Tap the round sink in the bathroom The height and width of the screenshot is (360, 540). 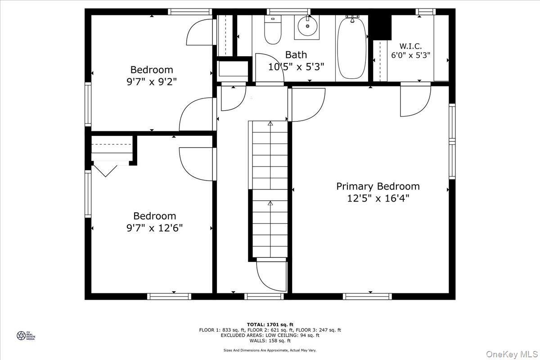coord(307,27)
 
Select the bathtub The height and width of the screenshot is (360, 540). coord(352,49)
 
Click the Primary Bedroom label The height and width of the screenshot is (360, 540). coord(378,186)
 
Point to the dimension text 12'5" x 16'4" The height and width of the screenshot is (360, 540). coord(378,198)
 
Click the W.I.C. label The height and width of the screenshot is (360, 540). coord(410,46)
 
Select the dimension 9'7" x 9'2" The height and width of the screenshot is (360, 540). coord(152,82)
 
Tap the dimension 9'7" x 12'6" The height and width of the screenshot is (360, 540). coord(154,228)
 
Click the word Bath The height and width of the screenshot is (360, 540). coord(296,55)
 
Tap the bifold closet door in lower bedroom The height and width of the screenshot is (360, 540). coord(105,171)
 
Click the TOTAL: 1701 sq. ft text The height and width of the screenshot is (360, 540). coord(270,324)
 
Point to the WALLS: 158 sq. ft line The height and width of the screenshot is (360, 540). coord(270,341)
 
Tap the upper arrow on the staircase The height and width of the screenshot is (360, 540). coord(270,124)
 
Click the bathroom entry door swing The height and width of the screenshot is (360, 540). coord(269,67)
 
